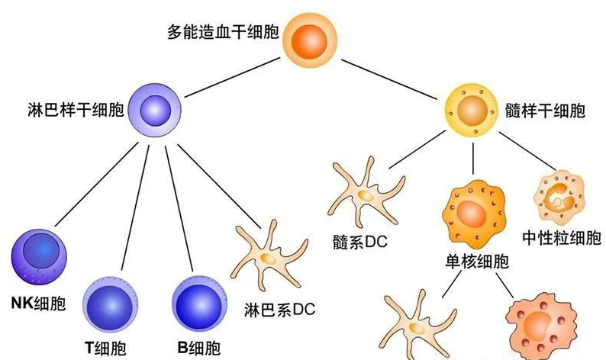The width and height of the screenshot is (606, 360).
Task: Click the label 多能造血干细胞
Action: pyautogui.click(x=222, y=34)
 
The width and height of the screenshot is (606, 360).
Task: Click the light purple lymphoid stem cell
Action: pyautogui.click(x=155, y=111)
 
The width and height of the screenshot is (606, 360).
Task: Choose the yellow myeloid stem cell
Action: pyautogui.click(x=473, y=112)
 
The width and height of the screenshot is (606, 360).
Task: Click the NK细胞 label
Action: pyautogui.click(x=39, y=304)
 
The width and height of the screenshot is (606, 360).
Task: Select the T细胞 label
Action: pyautogui.click(x=107, y=348)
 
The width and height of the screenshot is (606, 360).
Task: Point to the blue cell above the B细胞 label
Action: pyautogui.click(x=201, y=304)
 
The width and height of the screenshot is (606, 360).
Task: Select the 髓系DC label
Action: pyautogui.click(x=360, y=242)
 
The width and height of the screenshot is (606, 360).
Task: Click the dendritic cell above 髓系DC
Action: pyautogui.click(x=362, y=192)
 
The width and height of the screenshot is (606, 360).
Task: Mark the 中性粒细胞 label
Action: pyautogui.click(x=560, y=237)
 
